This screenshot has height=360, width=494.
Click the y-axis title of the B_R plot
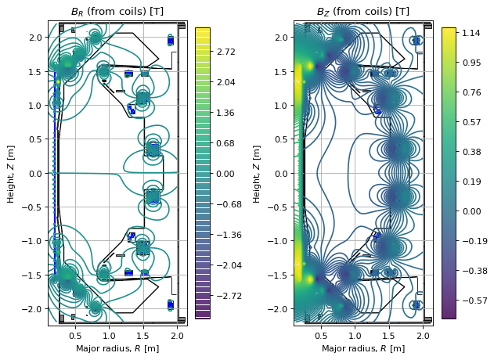(11, 174)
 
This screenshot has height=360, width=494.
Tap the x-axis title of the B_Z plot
(362, 348)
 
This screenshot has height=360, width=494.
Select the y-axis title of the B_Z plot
(258, 174)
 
